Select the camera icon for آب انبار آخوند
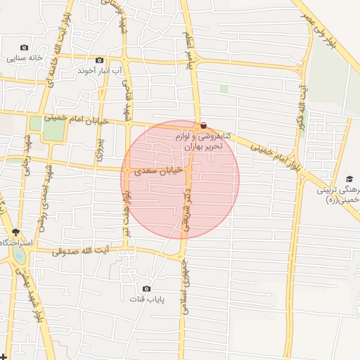[99, 60]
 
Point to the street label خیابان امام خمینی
[76, 120]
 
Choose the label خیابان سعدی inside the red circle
[158, 170]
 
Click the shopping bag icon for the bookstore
[203, 126]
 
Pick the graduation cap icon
[349, 179]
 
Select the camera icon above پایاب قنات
[146, 288]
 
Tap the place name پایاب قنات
[146, 300]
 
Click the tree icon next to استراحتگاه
[15, 232]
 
